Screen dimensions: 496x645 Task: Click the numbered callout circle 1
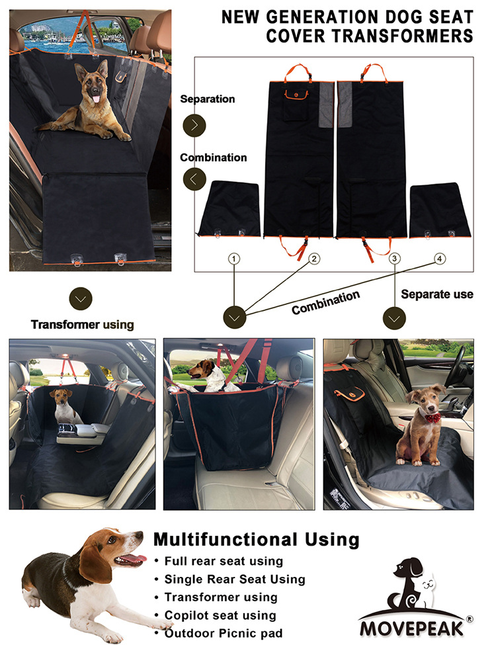point(234,259)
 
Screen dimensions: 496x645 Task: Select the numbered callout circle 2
point(314,259)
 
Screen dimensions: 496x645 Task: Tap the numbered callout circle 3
point(394,258)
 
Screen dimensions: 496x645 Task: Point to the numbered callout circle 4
point(440,259)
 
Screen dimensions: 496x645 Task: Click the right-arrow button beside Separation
point(194,125)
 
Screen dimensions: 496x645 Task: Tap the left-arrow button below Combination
point(194,179)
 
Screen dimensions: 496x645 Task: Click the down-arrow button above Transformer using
point(81,298)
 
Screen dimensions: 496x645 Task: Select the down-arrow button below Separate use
point(394,318)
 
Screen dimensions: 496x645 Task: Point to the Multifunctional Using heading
point(256,539)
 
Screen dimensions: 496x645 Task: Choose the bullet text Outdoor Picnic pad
point(224,633)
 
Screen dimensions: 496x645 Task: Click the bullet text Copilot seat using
point(220,615)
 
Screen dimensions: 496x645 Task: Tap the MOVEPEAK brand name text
point(411,629)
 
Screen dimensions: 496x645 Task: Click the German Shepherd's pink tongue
point(95,99)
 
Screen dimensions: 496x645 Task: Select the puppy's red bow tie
point(433,418)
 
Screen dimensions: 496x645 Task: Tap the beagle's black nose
point(140,535)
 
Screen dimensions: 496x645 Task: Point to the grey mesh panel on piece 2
point(326,105)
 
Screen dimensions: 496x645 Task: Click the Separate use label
point(436,294)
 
